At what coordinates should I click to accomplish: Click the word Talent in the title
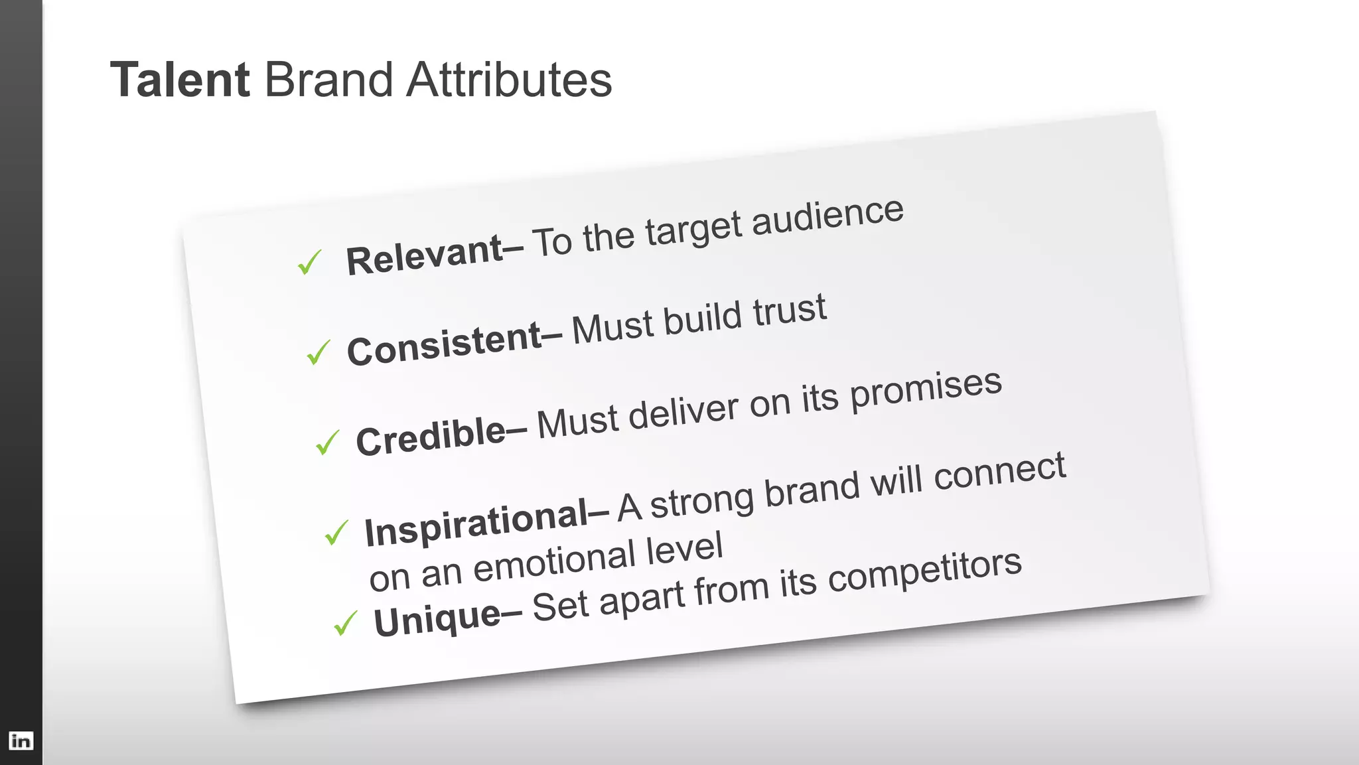179,80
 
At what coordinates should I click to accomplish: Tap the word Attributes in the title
509,80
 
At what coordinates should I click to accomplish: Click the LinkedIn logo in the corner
21,740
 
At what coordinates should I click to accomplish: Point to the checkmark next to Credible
327,443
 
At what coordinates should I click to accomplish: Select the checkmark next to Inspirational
336,532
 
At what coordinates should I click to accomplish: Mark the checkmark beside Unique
345,623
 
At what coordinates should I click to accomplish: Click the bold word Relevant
425,255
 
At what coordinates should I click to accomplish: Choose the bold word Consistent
445,344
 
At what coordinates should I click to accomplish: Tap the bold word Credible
431,436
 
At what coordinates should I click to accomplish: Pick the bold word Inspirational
476,523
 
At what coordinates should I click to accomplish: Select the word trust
790,312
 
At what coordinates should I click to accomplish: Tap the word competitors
924,570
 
